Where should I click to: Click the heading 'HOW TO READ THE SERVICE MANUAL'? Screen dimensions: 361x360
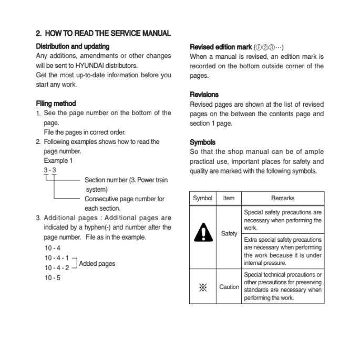[x=108, y=33]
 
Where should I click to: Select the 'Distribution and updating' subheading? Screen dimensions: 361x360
[x=73, y=46]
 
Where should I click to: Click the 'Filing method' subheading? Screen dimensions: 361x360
[x=56, y=104]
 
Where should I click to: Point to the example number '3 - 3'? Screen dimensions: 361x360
[x=50, y=170]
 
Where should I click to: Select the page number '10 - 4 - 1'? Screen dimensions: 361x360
[x=57, y=257]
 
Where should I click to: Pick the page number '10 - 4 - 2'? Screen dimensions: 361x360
[x=57, y=267]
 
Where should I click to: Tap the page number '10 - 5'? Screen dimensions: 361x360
[x=53, y=277]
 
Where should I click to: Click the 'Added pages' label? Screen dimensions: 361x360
[x=97, y=263]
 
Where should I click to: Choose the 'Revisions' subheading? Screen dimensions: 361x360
[x=204, y=95]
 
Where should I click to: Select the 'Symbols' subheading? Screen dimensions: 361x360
[x=202, y=142]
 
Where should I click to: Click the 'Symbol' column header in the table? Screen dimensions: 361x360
[x=202, y=198]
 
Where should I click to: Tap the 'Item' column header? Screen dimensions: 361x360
[x=229, y=198]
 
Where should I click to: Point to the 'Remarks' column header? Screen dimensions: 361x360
[x=283, y=198]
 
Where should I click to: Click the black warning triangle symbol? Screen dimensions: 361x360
[x=202, y=232]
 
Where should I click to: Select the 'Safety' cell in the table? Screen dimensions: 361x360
[x=229, y=233]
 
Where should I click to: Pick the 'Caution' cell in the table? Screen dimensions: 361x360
[x=229, y=287]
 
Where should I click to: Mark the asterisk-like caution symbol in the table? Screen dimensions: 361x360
[x=202, y=287]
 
